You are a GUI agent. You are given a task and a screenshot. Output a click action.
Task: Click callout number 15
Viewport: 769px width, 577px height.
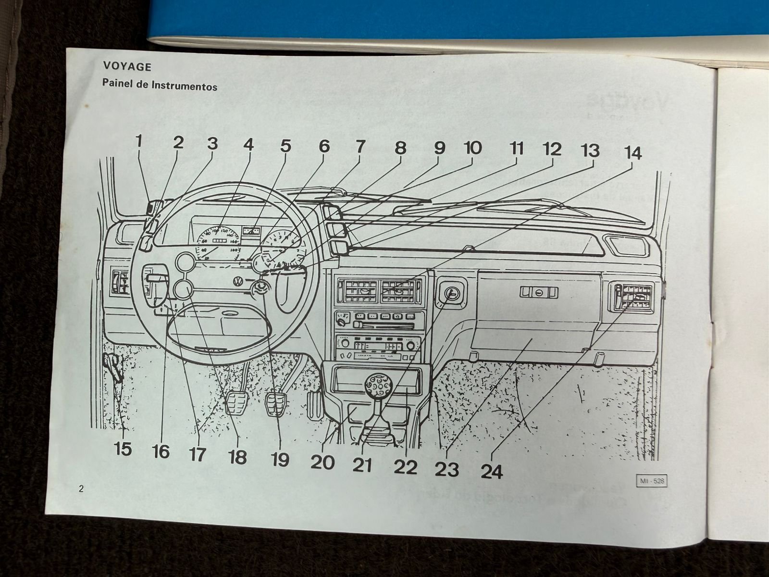tap(123, 449)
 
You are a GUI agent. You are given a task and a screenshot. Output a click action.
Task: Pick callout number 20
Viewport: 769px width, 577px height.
tap(322, 462)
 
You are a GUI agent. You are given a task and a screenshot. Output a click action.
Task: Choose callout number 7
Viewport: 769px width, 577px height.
tap(360, 145)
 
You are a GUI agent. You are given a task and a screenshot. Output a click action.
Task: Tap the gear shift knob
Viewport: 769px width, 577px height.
tap(377, 385)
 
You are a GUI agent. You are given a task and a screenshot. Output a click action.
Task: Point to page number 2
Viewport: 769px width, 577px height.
tap(81, 489)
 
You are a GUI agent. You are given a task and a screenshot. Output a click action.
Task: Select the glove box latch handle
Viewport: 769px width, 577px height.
tap(538, 292)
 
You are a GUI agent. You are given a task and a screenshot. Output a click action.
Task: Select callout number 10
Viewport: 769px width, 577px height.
tap(472, 148)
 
